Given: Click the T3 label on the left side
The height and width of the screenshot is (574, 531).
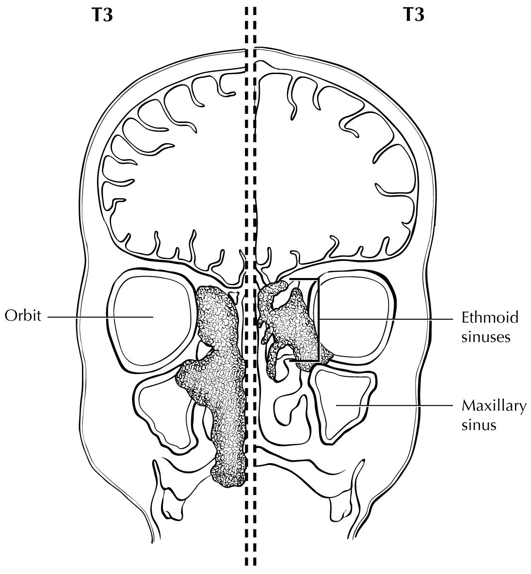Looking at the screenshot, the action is (101, 16).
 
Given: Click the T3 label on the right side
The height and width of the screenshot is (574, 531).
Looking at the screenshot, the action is (413, 16).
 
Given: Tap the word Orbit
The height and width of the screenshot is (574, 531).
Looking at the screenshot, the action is (23, 315).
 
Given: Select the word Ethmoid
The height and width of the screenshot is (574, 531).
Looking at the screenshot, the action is (490, 317).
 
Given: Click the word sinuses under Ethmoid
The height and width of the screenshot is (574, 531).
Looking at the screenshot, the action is (485, 337).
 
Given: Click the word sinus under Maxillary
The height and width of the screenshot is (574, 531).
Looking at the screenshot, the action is (479, 425).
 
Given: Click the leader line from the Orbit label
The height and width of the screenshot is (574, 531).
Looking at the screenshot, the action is (100, 317).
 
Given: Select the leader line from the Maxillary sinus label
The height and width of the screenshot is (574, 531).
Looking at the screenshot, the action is (394, 405).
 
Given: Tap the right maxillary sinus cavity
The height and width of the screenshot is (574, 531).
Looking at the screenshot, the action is (343, 406).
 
